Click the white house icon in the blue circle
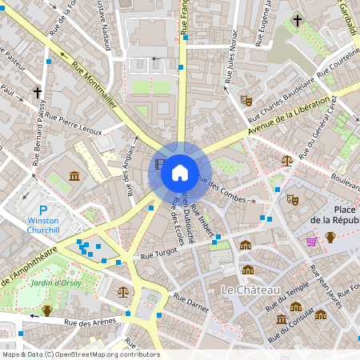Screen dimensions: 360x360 tap(179, 172)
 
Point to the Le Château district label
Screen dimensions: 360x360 tap(250, 288)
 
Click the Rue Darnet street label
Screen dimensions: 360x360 tap(190, 302)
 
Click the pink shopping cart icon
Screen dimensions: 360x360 tap(311, 241)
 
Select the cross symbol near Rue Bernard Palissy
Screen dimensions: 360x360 tap(37, 93)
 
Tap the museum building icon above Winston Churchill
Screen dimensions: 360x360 tap(74, 176)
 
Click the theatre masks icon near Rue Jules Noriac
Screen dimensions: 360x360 tap(246, 101)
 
